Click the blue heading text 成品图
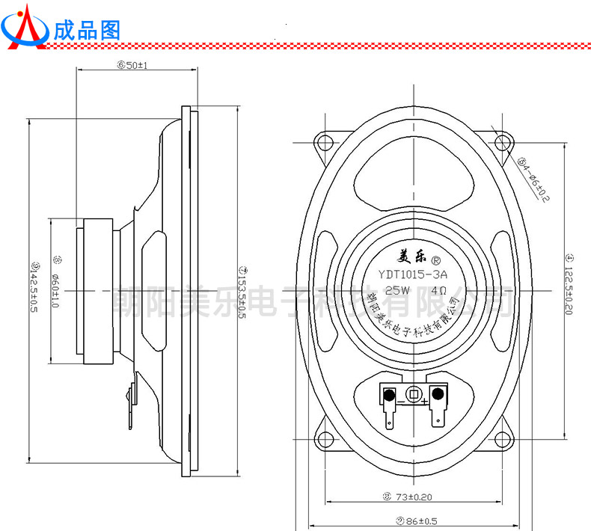[x=87, y=29]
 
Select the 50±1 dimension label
[x=132, y=65]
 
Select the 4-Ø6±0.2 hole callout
[x=534, y=177]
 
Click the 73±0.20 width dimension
[x=410, y=497]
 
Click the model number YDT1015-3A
[x=412, y=274]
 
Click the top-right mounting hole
[x=500, y=143]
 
